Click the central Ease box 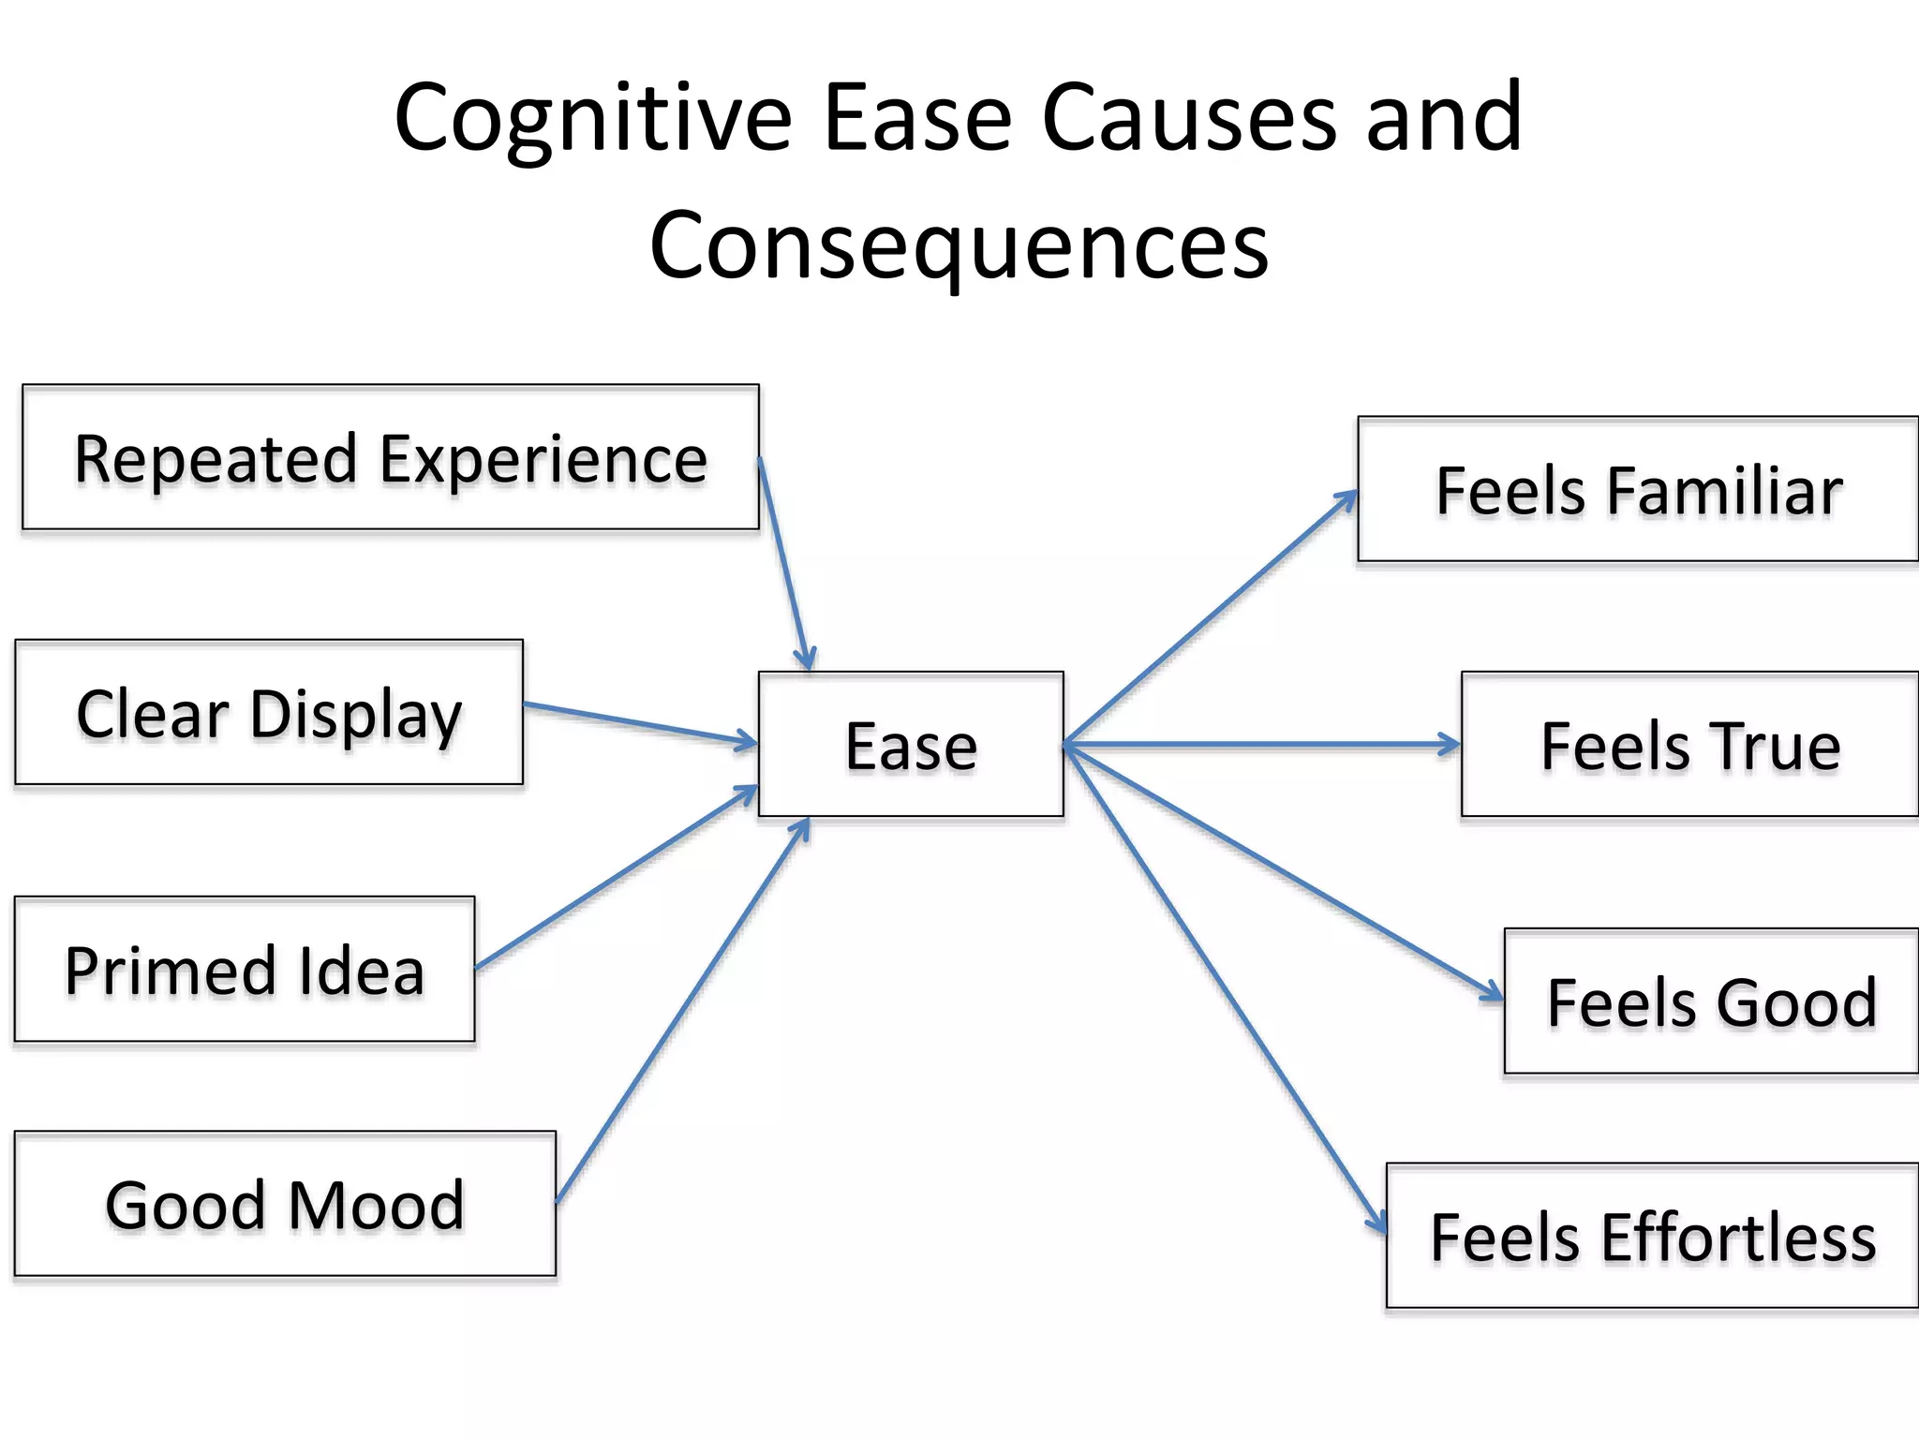coord(911,745)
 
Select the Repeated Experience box coord(390,458)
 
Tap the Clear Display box coord(269,713)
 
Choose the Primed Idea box coord(245,970)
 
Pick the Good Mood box coord(285,1205)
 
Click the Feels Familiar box coord(1638,490)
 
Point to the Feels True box coord(1689,745)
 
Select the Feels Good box coord(1711,1001)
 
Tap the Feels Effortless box coord(1652,1237)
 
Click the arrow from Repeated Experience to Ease coord(783,563)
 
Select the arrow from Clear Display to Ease coord(640,722)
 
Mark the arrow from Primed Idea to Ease coord(616,878)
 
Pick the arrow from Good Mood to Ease coord(682,1011)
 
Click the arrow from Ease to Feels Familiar coord(1210,618)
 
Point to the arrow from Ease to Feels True coord(1261,745)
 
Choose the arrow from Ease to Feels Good coord(1283,872)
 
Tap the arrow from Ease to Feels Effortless coord(1224,988)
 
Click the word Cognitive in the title coord(593,119)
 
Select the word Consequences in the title coord(959,245)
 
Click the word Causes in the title coord(1189,119)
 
